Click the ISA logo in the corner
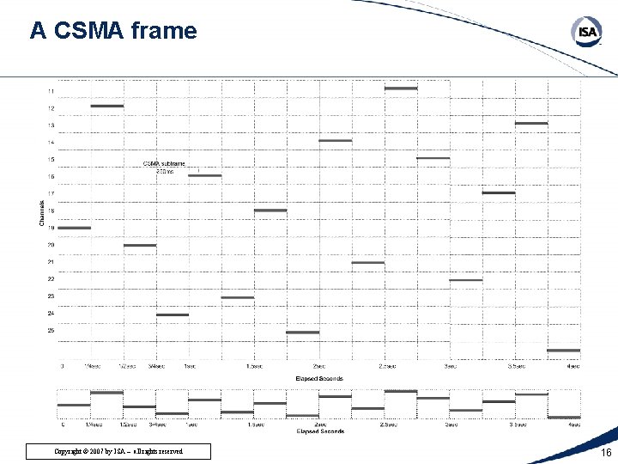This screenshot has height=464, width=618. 587,33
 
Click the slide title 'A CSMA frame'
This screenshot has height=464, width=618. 113,32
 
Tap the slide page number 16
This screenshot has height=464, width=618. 606,452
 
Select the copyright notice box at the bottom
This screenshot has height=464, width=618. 119,451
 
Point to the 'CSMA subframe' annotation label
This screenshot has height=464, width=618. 164,163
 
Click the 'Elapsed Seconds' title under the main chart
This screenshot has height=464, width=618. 319,378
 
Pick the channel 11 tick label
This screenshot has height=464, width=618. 51,91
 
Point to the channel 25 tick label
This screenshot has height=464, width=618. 51,330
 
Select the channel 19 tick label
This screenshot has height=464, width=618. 51,228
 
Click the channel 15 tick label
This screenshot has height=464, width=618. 51,159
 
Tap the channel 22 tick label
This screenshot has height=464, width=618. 51,278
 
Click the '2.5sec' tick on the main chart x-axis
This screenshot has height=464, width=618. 385,366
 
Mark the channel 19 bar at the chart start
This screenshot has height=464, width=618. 74,228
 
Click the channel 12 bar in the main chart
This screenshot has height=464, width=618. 107,106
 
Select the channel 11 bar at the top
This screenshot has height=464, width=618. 401,88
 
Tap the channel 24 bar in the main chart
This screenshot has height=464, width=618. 173,314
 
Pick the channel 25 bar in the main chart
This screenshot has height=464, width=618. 303,332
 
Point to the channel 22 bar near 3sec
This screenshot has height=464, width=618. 466,280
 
